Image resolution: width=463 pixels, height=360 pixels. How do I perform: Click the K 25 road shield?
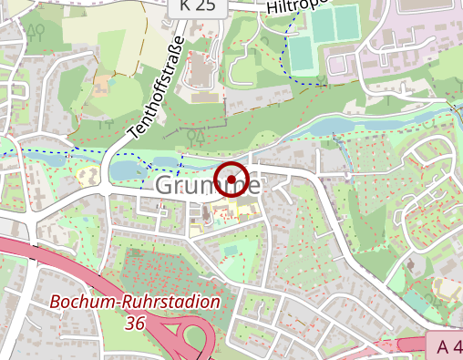click(197, 5)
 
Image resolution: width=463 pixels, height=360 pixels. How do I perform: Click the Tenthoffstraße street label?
click(157, 87)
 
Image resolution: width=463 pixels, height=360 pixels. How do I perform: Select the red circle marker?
click(232, 180)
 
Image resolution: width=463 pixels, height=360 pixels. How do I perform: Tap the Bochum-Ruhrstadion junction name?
click(135, 302)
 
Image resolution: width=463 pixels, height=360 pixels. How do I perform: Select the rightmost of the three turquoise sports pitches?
click(346, 23)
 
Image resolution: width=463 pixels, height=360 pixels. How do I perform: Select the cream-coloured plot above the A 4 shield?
click(447, 291)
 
